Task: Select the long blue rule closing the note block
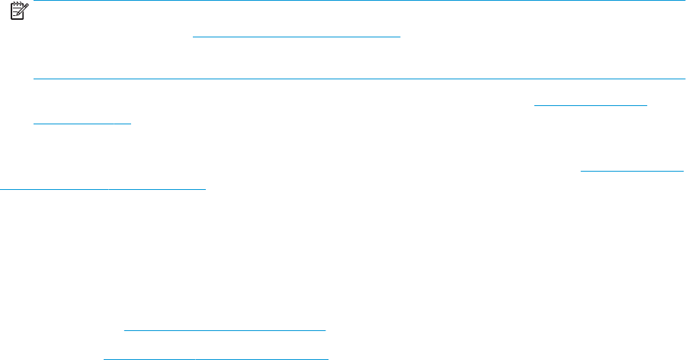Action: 358,79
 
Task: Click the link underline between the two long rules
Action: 297,37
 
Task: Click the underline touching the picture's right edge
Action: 633,170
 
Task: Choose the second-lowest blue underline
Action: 224,329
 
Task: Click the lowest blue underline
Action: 215,357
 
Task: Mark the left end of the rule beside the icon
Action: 34,1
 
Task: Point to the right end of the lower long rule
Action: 684,79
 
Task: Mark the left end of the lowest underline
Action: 104,357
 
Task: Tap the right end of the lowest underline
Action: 327,357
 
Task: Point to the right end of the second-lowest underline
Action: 325,329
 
